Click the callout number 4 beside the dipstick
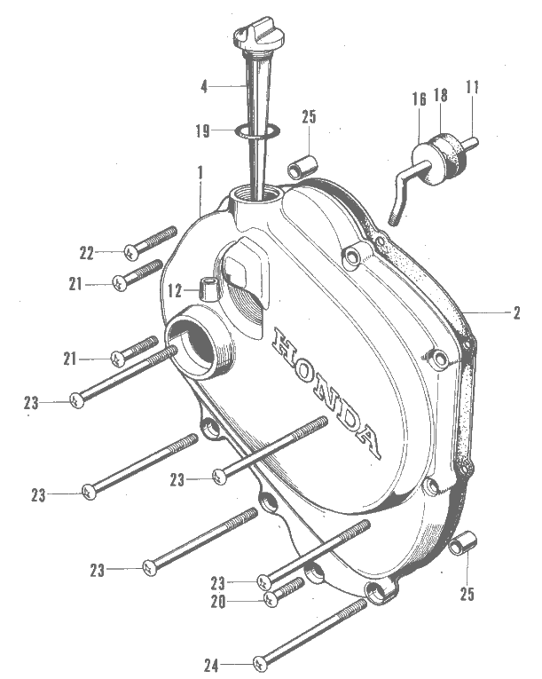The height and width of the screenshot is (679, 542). pyautogui.click(x=204, y=87)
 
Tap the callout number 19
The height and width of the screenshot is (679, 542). pyautogui.click(x=202, y=130)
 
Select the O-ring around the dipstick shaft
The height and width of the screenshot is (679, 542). pyautogui.click(x=257, y=131)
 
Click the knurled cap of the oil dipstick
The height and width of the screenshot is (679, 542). pyautogui.click(x=254, y=38)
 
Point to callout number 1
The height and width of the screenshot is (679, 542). pyautogui.click(x=200, y=174)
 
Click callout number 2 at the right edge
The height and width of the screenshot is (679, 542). pyautogui.click(x=516, y=312)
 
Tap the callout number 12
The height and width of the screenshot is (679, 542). pyautogui.click(x=175, y=291)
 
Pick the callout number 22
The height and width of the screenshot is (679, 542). pyautogui.click(x=86, y=253)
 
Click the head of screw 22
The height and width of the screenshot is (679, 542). pyautogui.click(x=131, y=252)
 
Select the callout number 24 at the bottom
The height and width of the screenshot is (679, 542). pyautogui.click(x=211, y=665)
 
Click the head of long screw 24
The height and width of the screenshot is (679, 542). pyautogui.click(x=260, y=663)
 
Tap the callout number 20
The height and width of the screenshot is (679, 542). pyautogui.click(x=217, y=602)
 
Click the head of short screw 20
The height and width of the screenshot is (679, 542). pyautogui.click(x=271, y=599)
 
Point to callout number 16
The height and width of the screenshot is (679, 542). pyautogui.click(x=419, y=99)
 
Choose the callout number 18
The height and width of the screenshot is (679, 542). pyautogui.click(x=441, y=95)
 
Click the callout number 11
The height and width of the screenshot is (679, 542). pyautogui.click(x=472, y=87)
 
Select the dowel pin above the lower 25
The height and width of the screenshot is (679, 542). pyautogui.click(x=463, y=543)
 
